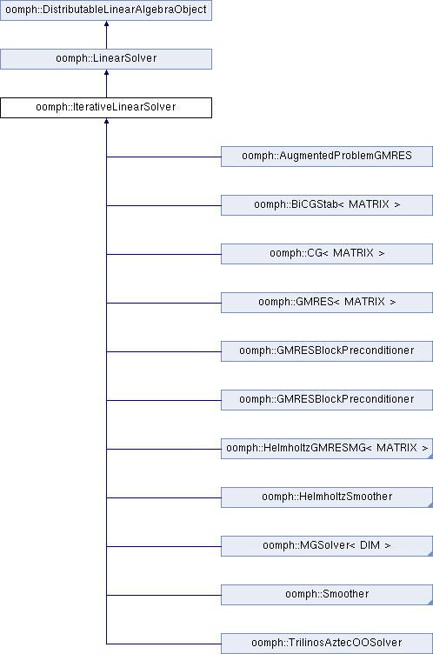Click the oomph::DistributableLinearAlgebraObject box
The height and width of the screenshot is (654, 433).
coord(106,10)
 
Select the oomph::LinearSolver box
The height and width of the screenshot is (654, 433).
coord(106,59)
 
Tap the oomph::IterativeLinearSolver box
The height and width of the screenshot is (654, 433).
coord(106,108)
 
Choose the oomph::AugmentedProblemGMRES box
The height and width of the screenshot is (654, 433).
coord(327,157)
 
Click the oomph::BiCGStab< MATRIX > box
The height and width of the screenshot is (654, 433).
coord(327,205)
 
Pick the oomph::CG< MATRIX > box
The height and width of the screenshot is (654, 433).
coord(327,254)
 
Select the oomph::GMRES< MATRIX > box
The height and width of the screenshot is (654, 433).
coord(327,303)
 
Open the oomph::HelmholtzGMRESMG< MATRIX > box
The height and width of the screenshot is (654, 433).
coord(327,449)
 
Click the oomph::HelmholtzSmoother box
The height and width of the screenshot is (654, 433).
coord(327,497)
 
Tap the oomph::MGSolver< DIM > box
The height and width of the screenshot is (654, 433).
coord(327,546)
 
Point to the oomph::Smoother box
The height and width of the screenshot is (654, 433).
coord(327,595)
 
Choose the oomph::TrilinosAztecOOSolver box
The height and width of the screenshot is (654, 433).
coord(327,644)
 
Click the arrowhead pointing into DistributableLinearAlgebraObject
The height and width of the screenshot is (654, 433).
coord(106,23)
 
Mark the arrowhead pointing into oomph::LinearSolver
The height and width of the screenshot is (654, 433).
coord(106,72)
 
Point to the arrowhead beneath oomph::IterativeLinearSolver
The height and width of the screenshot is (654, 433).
coord(106,122)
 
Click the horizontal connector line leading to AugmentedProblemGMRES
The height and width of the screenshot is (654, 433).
coord(163,157)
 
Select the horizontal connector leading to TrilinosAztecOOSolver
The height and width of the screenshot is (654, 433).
coord(163,644)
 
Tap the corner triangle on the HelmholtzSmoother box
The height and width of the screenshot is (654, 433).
coord(430,505)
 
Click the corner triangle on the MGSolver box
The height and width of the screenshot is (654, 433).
coord(430,554)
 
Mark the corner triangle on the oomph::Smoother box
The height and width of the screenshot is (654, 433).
coord(430,603)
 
